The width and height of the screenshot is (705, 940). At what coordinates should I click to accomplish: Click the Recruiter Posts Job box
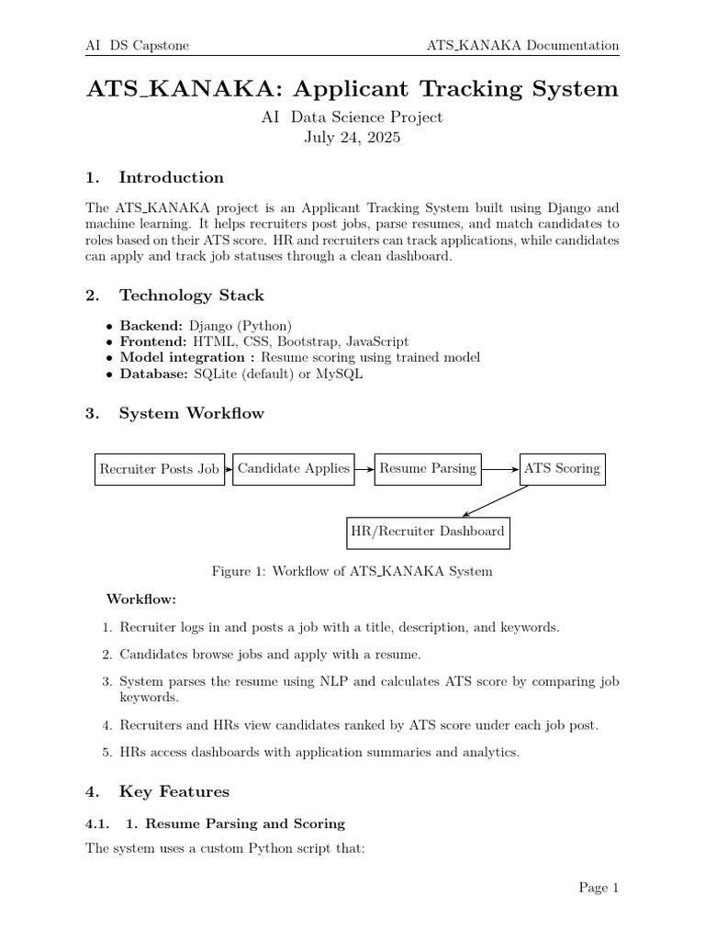(159, 469)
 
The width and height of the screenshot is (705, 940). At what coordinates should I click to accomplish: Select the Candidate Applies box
(293, 468)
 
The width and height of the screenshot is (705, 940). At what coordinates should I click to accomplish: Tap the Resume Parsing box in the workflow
(428, 468)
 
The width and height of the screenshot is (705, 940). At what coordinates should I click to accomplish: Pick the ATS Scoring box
(562, 468)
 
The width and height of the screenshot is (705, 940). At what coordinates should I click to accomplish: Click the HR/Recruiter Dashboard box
(427, 532)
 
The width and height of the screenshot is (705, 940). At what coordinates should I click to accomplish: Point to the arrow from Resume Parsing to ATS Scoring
(500, 469)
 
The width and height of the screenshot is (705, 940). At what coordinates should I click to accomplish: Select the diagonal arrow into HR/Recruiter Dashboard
(496, 501)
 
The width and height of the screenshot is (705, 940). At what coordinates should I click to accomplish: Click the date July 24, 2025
(352, 139)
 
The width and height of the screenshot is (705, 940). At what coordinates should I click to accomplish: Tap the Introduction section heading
(171, 177)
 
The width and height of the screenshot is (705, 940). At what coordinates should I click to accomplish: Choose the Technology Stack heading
(191, 295)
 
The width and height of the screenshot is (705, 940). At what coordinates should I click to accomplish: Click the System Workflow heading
(191, 413)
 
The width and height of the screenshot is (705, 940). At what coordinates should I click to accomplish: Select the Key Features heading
(174, 791)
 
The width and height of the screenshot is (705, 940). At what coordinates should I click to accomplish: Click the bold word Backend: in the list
(152, 326)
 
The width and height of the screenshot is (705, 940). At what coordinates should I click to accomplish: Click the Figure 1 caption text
(352, 571)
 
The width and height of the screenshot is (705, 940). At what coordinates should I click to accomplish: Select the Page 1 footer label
(599, 887)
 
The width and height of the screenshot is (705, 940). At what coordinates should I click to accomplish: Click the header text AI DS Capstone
(137, 46)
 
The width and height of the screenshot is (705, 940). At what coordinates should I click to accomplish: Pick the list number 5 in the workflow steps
(106, 752)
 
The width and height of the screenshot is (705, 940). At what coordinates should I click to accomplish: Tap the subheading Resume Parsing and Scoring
(245, 823)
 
